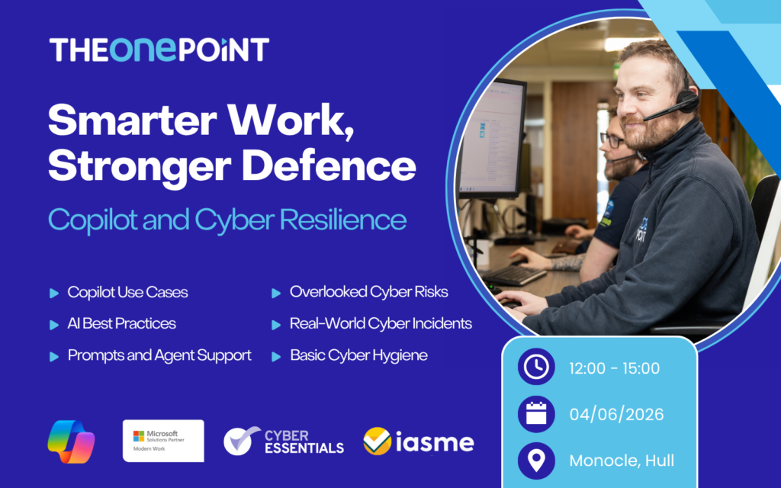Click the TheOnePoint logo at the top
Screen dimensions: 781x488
pyautogui.click(x=159, y=50)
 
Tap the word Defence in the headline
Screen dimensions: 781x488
pyautogui.click(x=329, y=165)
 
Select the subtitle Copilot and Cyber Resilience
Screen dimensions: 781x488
pyautogui.click(x=227, y=220)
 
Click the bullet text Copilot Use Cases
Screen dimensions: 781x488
pyautogui.click(x=127, y=292)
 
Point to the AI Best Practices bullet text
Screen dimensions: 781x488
pyautogui.click(x=121, y=323)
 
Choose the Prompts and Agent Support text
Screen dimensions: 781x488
pyautogui.click(x=159, y=355)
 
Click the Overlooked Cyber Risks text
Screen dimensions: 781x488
pyautogui.click(x=368, y=292)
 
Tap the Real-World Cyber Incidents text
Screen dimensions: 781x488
pyautogui.click(x=381, y=323)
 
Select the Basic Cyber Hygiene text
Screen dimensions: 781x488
pyautogui.click(x=358, y=355)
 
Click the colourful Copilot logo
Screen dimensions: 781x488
pyautogui.click(x=71, y=441)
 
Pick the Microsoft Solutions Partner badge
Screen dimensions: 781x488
pyautogui.click(x=163, y=441)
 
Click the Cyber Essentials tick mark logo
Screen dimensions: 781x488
pyautogui.click(x=242, y=440)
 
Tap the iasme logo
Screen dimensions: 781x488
pyautogui.click(x=419, y=441)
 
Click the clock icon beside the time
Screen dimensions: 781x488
pyautogui.click(x=536, y=367)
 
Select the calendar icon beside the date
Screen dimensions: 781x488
pyautogui.click(x=536, y=414)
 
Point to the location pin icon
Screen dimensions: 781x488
pyautogui.click(x=536, y=461)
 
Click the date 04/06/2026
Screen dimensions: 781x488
pyautogui.click(x=616, y=414)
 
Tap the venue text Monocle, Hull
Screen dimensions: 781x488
pyautogui.click(x=622, y=461)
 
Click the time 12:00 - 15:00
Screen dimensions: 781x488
pyautogui.click(x=615, y=368)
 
